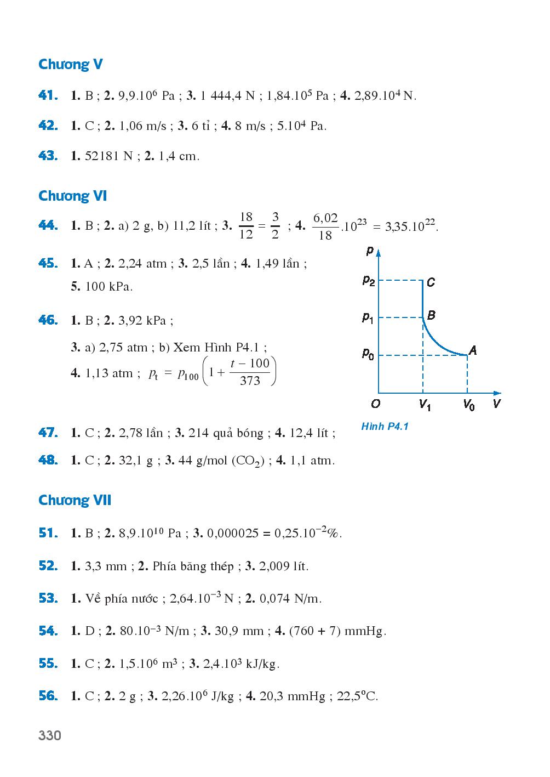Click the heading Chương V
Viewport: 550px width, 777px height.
(x=71, y=65)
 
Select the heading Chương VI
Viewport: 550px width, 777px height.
(x=73, y=196)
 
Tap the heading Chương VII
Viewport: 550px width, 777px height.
(x=75, y=501)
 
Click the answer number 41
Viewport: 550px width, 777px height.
(x=48, y=96)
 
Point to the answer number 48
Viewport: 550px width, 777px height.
(x=48, y=460)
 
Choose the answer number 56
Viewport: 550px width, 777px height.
(x=48, y=696)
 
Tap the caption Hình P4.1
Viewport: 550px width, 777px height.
(x=385, y=426)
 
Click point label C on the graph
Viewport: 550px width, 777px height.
(x=431, y=282)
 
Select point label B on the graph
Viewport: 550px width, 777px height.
(x=431, y=315)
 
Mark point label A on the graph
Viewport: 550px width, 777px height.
(x=473, y=350)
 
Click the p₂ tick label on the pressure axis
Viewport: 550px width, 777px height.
(x=369, y=281)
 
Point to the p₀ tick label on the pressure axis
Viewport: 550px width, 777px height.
(x=369, y=354)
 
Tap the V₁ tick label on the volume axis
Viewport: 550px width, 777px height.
(x=425, y=406)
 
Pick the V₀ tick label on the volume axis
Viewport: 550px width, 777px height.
(x=468, y=406)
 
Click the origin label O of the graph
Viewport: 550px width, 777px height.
(x=375, y=404)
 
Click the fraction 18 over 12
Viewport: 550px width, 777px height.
(x=246, y=225)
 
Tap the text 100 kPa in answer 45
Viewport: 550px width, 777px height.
(x=109, y=286)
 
